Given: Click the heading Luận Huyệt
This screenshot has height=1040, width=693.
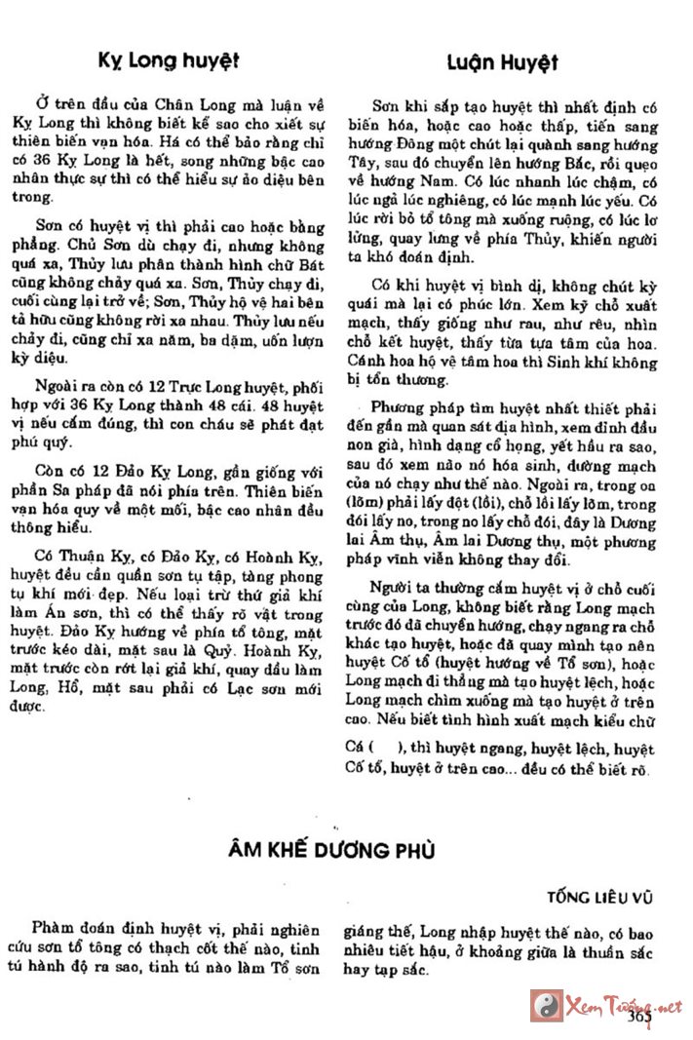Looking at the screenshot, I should pyautogui.click(x=503, y=63).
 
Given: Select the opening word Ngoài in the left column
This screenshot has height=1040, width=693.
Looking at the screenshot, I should pyautogui.click(x=58, y=382).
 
